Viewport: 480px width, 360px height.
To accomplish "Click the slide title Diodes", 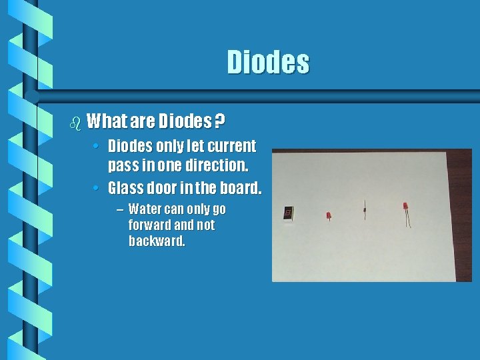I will pyautogui.click(x=268, y=62).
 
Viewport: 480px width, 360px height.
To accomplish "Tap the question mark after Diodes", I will pyautogui.click(x=219, y=121).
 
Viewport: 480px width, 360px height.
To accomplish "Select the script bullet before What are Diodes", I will pyautogui.click(x=75, y=123).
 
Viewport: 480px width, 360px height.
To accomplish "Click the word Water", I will pyautogui.click(x=144, y=209).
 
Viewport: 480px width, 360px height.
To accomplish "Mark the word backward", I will pyautogui.click(x=157, y=241).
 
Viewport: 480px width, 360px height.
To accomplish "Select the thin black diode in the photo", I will pyautogui.click(x=365, y=209).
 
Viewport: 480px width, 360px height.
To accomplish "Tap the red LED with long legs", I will pyautogui.click(x=405, y=211).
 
